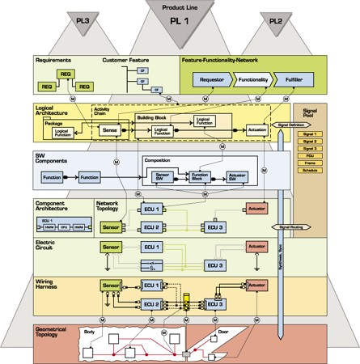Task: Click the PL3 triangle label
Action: pyautogui.click(x=82, y=19)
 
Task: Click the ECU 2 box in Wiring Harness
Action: pyautogui.click(x=153, y=304)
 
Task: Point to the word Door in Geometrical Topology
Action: pyautogui.click(x=223, y=332)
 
